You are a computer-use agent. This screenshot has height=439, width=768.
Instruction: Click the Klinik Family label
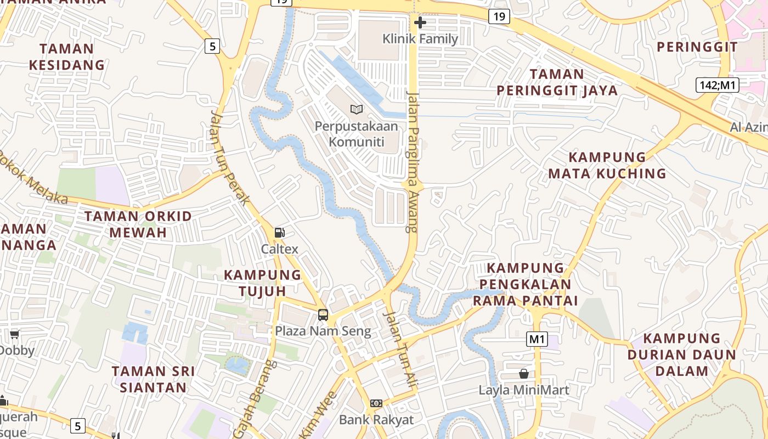coord(420,39)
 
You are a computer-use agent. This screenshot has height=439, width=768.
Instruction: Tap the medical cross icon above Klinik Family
coord(420,22)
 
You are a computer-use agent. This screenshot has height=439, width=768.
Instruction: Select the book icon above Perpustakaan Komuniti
coord(357,110)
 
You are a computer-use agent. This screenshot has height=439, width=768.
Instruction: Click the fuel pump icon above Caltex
coord(280,233)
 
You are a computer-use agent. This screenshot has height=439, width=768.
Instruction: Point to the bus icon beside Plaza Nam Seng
coord(323,315)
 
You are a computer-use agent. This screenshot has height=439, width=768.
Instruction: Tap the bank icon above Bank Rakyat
coord(376,403)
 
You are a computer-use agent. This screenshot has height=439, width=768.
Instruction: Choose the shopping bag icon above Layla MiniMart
coord(524,374)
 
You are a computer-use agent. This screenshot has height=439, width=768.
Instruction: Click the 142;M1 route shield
coord(718,85)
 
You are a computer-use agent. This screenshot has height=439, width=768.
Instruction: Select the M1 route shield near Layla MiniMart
coord(537,339)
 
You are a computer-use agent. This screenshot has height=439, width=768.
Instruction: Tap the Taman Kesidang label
coord(67,57)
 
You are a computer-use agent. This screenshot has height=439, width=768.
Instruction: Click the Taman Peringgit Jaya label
coord(557,82)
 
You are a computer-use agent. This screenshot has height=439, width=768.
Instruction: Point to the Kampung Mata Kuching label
coord(607,165)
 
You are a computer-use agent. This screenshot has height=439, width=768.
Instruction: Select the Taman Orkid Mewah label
coord(138,224)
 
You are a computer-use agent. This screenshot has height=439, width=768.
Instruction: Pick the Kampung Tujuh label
coord(263,283)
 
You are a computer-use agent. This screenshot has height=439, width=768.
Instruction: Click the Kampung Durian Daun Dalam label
coord(682,354)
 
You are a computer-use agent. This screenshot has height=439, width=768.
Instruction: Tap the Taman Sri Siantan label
coord(154,379)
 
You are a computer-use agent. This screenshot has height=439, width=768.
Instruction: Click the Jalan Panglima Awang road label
coord(413,162)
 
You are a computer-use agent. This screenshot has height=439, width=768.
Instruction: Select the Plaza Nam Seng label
coord(323,331)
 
